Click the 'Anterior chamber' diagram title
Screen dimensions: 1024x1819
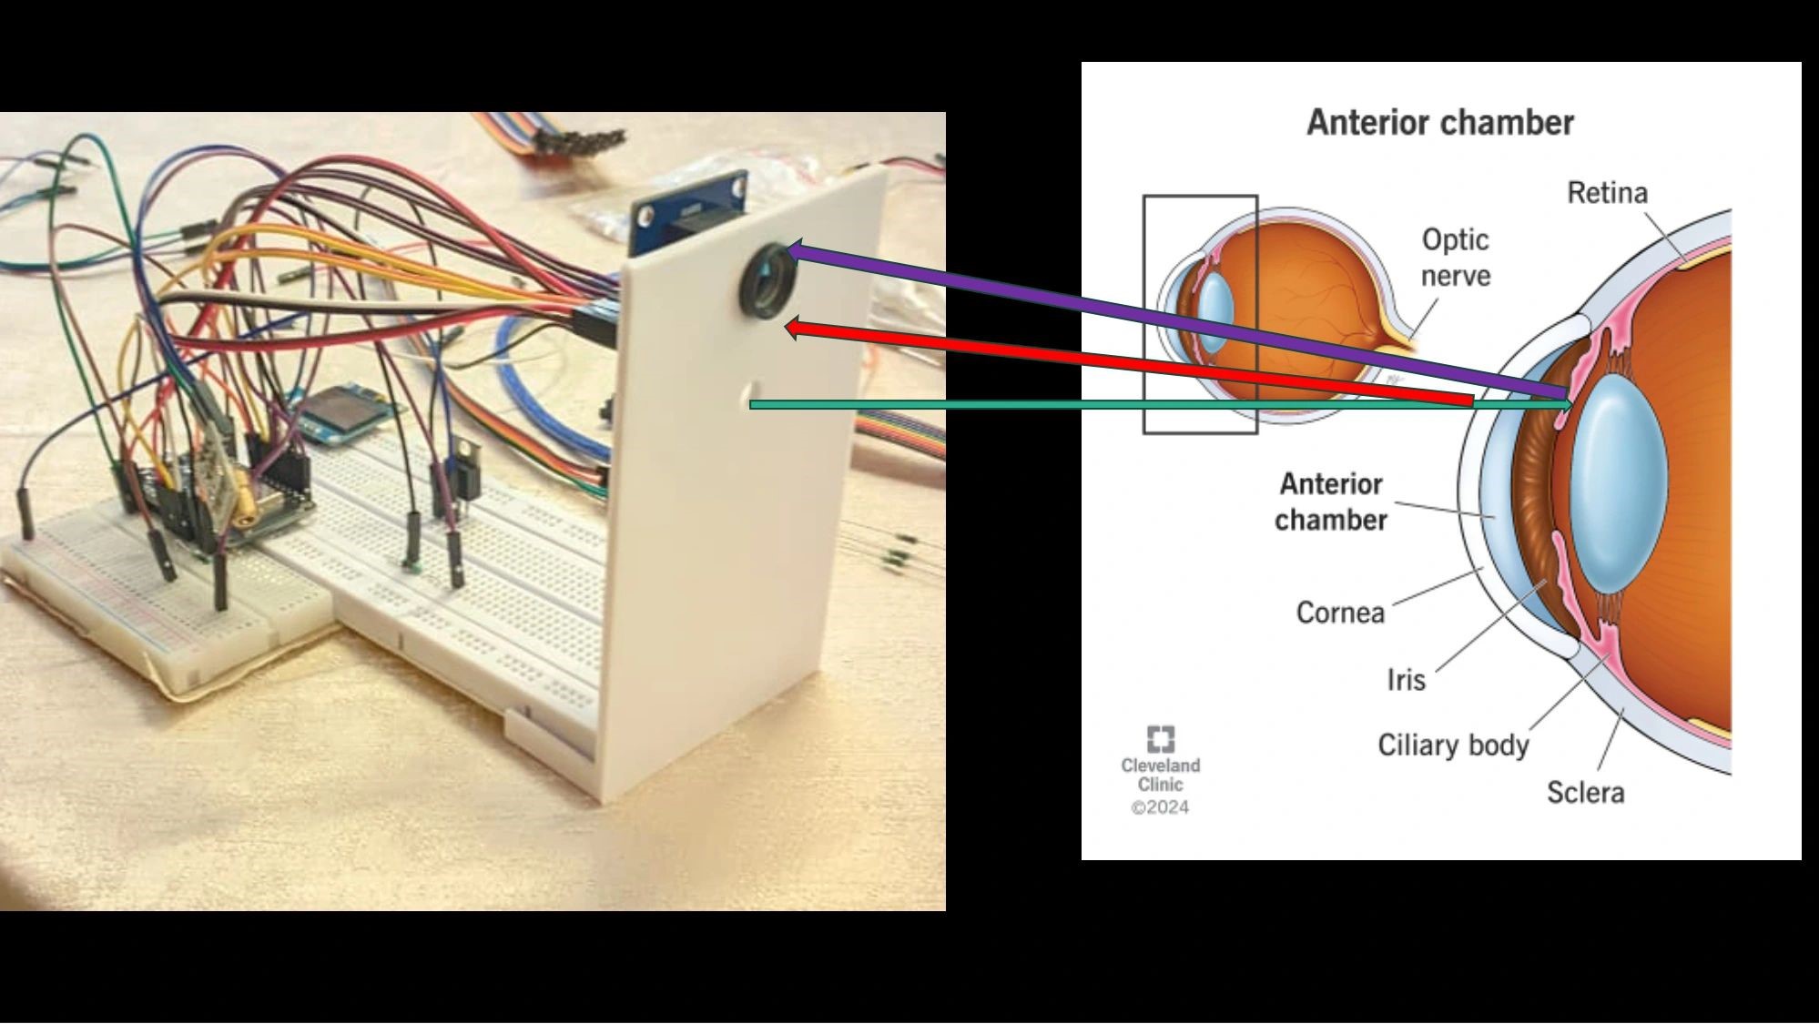[x=1439, y=123]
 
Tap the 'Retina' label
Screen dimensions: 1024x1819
[x=1607, y=193]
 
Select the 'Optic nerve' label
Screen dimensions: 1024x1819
[x=1455, y=258]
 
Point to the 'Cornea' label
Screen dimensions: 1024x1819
[x=1339, y=613]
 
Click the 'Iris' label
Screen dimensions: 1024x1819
[x=1406, y=680]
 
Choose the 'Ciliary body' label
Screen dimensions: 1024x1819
[x=1453, y=745]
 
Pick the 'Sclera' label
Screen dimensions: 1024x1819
[x=1585, y=793]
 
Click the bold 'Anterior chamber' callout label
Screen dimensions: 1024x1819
[x=1331, y=502]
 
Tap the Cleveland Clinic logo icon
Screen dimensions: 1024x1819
[x=1161, y=738]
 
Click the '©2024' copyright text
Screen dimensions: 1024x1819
[x=1160, y=807]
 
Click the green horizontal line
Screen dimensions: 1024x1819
[x=1092, y=404]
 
